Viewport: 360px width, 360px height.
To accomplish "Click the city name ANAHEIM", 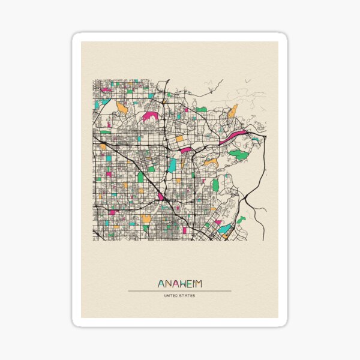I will point(179,283).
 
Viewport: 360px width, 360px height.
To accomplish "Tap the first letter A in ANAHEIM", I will point(161,283).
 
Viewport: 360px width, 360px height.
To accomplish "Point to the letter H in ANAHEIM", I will point(178,283).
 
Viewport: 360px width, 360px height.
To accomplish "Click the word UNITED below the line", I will point(171,295).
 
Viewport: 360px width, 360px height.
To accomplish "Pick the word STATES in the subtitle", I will point(188,295).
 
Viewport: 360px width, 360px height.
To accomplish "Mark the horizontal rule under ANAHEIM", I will point(179,291).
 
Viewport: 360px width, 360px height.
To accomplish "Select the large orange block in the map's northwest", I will point(122,108).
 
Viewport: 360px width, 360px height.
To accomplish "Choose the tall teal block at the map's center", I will point(173,164).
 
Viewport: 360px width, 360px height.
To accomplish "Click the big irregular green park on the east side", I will point(239,154).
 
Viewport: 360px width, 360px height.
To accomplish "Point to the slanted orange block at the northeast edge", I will point(233,110).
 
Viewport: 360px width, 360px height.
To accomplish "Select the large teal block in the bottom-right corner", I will point(224,229).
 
